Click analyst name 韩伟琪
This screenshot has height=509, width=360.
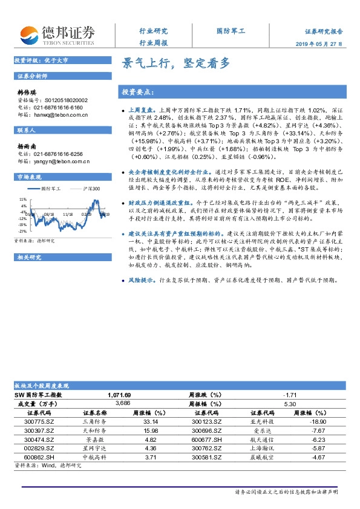[x=27, y=92]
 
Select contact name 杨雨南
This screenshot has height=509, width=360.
[x=27, y=146]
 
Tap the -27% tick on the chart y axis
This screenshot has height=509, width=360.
[x=22, y=231]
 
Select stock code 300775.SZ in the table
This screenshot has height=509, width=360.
[x=39, y=420]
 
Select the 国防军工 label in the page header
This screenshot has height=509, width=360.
[x=231, y=30]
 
